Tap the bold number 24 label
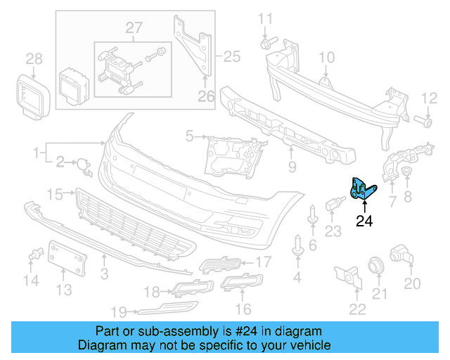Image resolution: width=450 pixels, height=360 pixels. pos(364,222)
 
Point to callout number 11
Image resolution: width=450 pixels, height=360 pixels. pos(264,18)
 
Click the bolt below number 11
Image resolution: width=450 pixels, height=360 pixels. pos(266,44)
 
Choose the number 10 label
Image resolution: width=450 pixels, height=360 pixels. pos(327,57)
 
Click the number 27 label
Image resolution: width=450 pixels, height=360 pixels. pos(134,27)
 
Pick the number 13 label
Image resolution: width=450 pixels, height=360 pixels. pos(63,290)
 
